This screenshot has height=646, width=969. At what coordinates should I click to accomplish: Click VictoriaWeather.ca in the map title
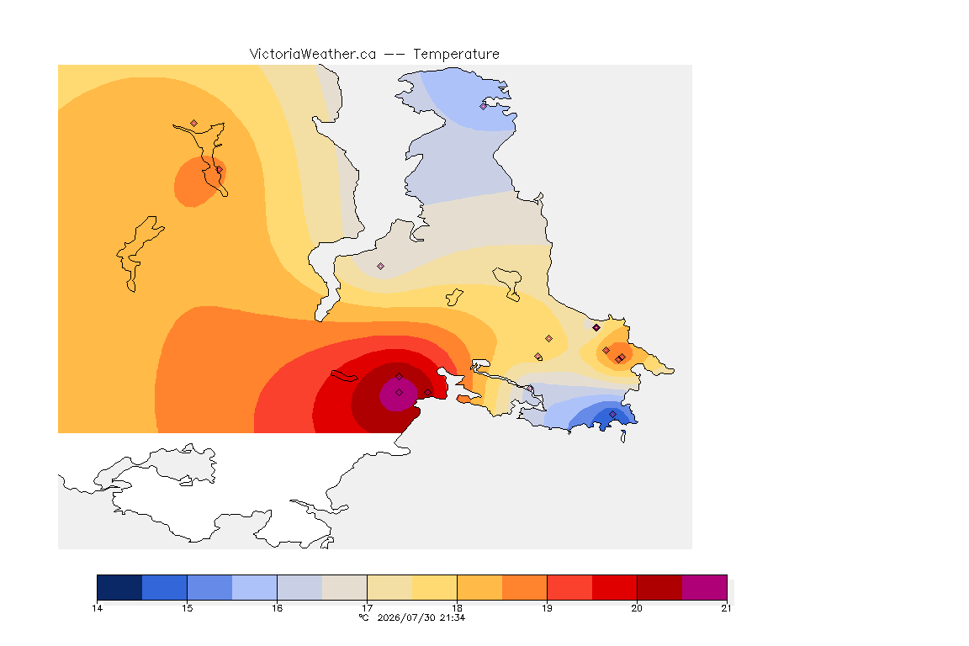pyautogui.click(x=313, y=55)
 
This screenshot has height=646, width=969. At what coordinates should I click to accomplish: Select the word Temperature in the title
pyautogui.click(x=456, y=55)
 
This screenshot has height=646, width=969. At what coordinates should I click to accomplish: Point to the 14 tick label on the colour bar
pyautogui.click(x=97, y=608)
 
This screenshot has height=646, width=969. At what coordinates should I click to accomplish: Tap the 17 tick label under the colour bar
pyautogui.click(x=367, y=608)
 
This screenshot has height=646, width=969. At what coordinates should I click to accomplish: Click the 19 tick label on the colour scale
pyautogui.click(x=547, y=608)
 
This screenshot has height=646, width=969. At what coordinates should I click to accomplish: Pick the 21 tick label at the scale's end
pyautogui.click(x=726, y=608)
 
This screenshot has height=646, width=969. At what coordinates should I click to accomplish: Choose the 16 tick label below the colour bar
pyautogui.click(x=277, y=608)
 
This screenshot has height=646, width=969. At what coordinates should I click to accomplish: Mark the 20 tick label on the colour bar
pyautogui.click(x=637, y=608)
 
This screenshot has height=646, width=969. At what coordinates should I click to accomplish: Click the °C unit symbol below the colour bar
pyautogui.click(x=364, y=617)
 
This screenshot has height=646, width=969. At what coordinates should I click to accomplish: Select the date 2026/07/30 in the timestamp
pyautogui.click(x=405, y=617)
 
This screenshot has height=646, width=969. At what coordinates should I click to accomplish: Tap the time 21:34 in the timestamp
pyautogui.click(x=453, y=617)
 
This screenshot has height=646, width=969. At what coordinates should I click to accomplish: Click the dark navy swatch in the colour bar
pyautogui.click(x=120, y=587)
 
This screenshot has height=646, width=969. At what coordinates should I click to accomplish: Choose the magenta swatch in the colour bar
pyautogui.click(x=705, y=587)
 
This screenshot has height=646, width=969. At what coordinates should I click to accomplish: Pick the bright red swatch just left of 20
pyautogui.click(x=614, y=587)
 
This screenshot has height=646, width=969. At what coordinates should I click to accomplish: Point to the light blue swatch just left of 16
pyautogui.click(x=255, y=587)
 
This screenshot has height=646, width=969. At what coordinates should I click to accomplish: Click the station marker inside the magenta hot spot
pyautogui.click(x=400, y=393)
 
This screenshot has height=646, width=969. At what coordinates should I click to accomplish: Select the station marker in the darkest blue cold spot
pyautogui.click(x=612, y=414)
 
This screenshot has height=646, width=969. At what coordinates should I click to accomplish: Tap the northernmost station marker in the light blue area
pyautogui.click(x=484, y=106)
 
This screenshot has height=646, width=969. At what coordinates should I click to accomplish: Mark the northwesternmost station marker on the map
pyautogui.click(x=194, y=124)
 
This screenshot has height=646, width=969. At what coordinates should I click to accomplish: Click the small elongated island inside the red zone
pyautogui.click(x=344, y=376)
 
